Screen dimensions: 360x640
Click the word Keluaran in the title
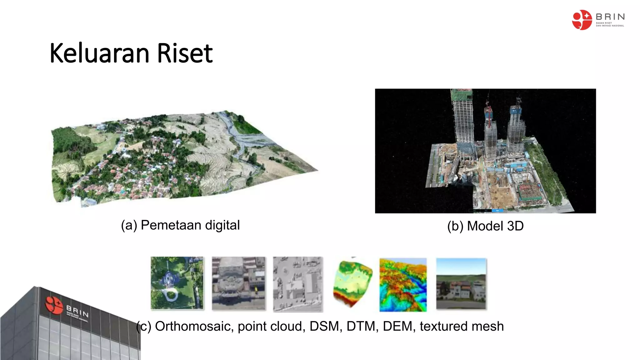pyautogui.click(x=99, y=53)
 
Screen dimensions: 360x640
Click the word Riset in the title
pyautogui.click(x=184, y=53)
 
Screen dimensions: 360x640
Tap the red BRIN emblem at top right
pyautogui.click(x=582, y=20)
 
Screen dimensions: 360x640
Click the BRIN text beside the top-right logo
pyautogui.click(x=610, y=17)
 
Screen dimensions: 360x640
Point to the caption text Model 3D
pyautogui.click(x=495, y=226)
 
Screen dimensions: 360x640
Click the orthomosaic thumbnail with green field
pyautogui.click(x=177, y=283)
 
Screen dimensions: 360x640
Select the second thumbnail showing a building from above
pyautogui.click(x=238, y=283)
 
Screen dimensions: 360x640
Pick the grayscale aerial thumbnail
pyautogui.click(x=298, y=284)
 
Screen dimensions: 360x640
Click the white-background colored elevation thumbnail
pyautogui.click(x=352, y=283)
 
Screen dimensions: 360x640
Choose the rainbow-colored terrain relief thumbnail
pyautogui.click(x=403, y=284)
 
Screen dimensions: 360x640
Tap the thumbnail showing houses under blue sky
pyautogui.click(x=461, y=284)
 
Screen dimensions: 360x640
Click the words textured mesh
pyautogui.click(x=462, y=326)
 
